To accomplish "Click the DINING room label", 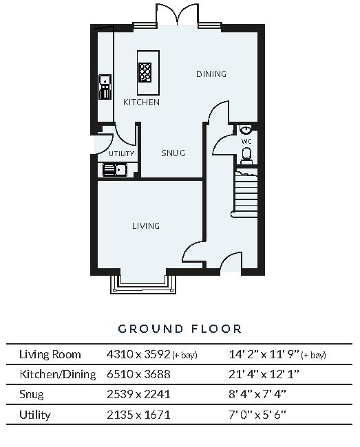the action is tap(211, 74).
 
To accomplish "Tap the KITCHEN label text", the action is tap(141, 102).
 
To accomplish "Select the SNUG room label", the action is tap(173, 153).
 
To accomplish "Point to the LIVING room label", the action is tap(146, 226).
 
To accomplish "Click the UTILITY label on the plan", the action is tap(122, 153).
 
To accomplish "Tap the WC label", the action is tap(246, 141).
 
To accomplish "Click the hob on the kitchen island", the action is tap(145, 72).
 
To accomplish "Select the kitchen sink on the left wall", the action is tap(105, 87).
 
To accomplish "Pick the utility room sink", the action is tap(115, 170).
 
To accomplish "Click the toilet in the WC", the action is tap(246, 156).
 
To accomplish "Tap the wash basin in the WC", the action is tap(245, 129).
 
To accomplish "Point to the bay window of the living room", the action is tap(142, 284).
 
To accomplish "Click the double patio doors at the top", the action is tap(177, 15).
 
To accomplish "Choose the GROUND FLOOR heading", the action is tap(180, 329).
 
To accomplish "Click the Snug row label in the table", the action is tap(32, 394).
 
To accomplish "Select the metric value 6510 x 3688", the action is tap(138, 374).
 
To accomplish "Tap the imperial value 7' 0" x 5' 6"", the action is tap(257, 415).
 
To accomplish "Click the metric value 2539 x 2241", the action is tap(138, 394).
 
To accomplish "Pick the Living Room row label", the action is tap(50, 354).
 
